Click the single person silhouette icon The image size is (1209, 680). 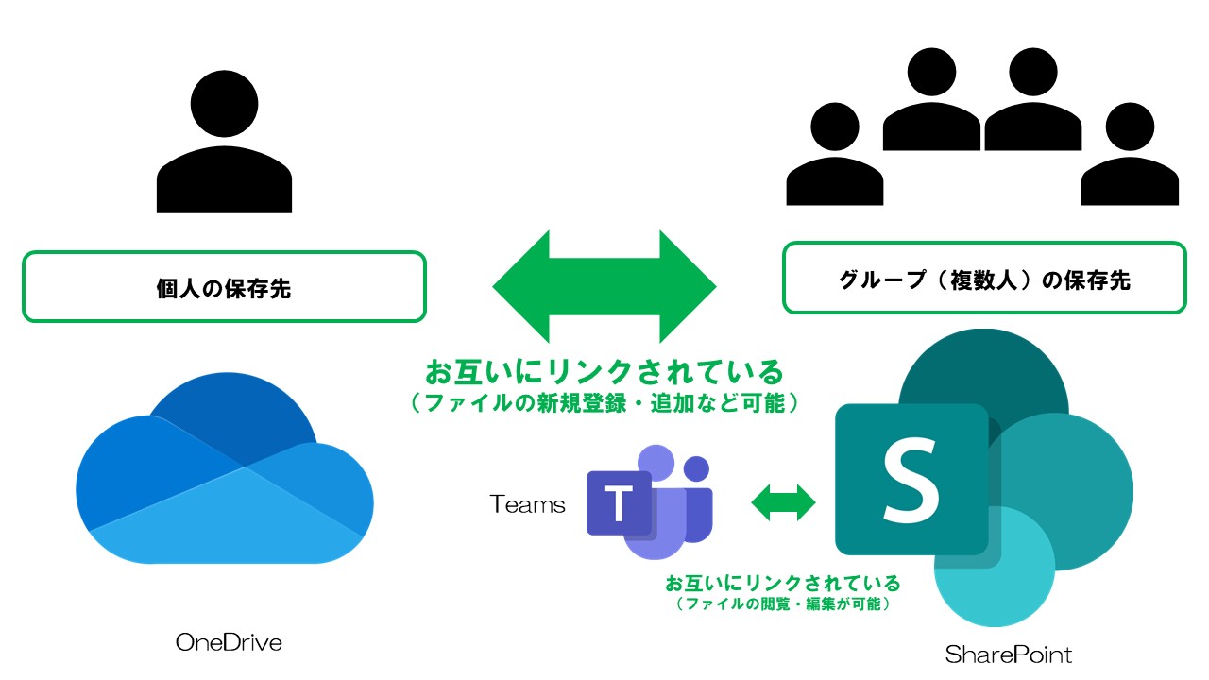point(224,146)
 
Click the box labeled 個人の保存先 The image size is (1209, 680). point(224,287)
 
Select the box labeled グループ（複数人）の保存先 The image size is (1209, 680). point(984,279)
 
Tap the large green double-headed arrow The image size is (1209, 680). point(604,286)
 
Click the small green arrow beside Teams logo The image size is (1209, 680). point(783,502)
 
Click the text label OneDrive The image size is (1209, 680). point(230,643)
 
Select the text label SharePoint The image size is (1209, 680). point(1009,654)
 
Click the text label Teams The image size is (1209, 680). point(528,505)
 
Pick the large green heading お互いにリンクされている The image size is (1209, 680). point(604,369)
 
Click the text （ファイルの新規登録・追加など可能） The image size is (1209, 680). point(604,403)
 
